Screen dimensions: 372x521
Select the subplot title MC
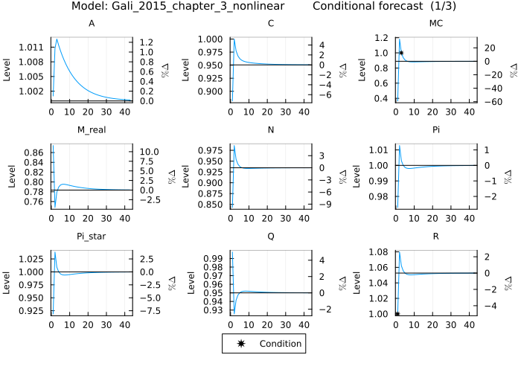click(x=437, y=24)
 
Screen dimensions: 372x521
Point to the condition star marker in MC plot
click(x=401, y=53)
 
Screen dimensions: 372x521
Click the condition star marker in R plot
click(x=397, y=314)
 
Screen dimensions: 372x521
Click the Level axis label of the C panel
click(x=186, y=68)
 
